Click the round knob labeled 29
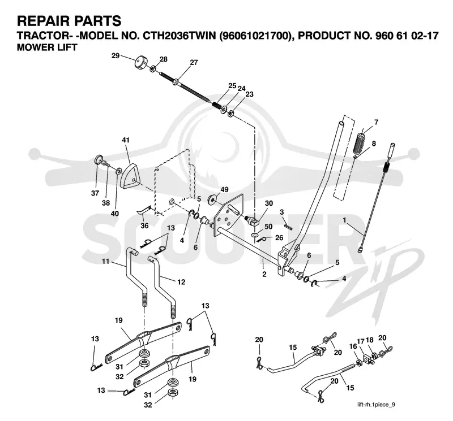point(141,62)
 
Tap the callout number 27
point(194,62)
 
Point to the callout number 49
point(224,189)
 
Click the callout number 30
point(268,203)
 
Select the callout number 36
point(144,225)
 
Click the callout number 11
point(105,261)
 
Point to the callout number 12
point(181,282)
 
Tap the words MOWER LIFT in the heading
point(47,47)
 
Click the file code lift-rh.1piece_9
point(376,405)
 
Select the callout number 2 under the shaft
point(264,274)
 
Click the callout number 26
point(279,238)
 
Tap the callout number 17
point(360,341)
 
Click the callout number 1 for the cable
point(344,220)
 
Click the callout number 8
point(374,144)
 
